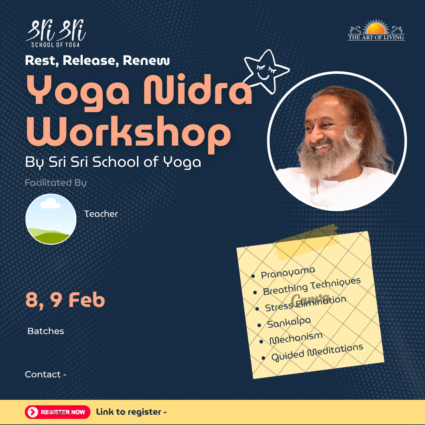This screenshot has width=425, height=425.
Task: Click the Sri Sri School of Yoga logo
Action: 55,33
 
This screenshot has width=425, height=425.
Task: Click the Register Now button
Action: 57,412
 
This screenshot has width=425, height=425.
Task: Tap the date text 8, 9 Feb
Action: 65,300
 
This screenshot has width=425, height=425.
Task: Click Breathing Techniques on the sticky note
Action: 312,286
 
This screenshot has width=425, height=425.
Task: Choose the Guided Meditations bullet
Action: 317,353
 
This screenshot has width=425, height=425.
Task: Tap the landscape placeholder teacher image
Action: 51,219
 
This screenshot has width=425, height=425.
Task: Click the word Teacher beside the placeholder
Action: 101,214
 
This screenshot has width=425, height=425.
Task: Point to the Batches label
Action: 46,331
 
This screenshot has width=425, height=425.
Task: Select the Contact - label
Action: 45,375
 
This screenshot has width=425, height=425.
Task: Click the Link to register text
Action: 131,412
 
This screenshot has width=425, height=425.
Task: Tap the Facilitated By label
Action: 55,183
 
